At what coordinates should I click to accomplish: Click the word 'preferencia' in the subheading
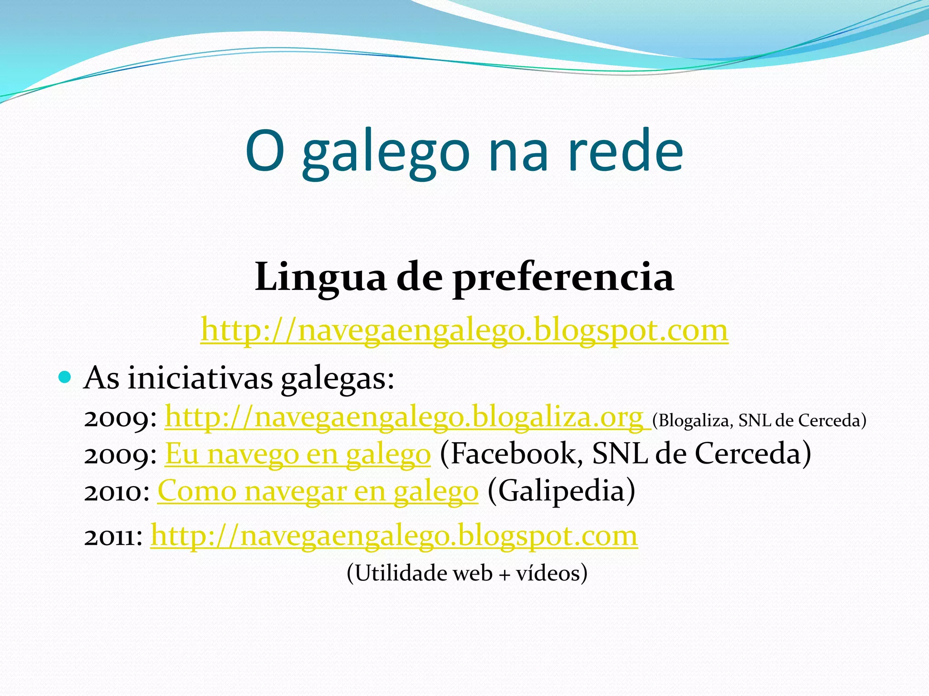(x=563, y=278)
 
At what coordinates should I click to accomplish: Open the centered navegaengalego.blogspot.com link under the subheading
(x=464, y=330)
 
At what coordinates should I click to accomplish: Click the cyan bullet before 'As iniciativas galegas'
(x=65, y=377)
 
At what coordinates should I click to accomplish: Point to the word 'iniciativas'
(x=200, y=378)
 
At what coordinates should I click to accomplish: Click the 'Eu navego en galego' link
(x=298, y=454)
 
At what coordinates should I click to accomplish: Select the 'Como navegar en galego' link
(x=318, y=491)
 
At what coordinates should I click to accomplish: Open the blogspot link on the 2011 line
(x=394, y=536)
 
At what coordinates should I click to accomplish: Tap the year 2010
(x=117, y=492)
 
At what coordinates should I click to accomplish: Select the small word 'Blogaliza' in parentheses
(x=691, y=421)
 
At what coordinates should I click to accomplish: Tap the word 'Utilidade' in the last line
(x=397, y=573)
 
